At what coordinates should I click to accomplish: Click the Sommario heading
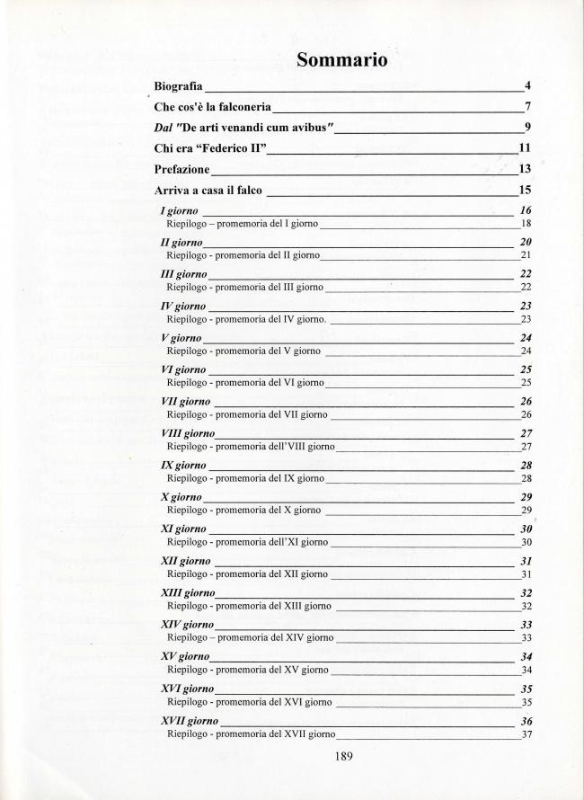point(342,61)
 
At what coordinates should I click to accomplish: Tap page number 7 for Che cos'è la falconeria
point(528,106)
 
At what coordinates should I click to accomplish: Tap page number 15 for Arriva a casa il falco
point(526,190)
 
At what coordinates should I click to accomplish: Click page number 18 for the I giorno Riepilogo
point(526,223)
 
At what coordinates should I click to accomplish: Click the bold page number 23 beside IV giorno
point(526,307)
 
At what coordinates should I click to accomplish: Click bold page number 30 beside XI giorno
point(526,529)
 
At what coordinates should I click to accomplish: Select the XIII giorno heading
point(187,593)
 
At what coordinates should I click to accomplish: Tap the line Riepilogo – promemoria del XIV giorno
point(250,637)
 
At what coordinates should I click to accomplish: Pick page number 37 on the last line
point(526,733)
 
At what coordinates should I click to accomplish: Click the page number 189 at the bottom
point(342,756)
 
